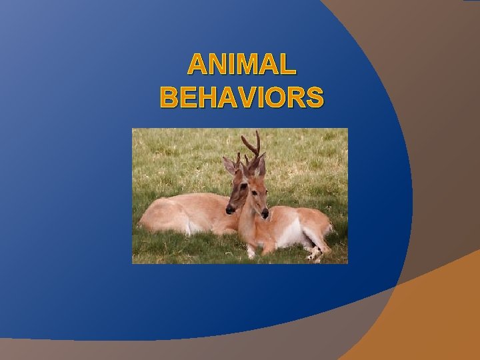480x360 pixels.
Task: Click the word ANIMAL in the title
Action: (x=241, y=65)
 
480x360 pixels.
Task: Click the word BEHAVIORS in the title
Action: (x=241, y=97)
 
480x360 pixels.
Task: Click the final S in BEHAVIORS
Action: (x=315, y=97)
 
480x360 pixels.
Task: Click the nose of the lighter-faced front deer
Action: (x=265, y=214)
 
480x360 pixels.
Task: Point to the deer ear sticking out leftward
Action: (x=229, y=164)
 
